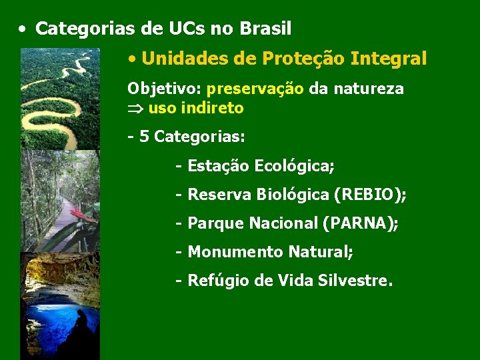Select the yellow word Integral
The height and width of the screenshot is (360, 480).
(x=389, y=59)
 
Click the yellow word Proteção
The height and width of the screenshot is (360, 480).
(x=305, y=59)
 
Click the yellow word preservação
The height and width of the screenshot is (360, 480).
(x=255, y=89)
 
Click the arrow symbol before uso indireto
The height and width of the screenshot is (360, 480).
(x=135, y=108)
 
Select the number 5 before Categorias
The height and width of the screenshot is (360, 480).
(x=143, y=137)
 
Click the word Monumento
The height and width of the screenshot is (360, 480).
(x=235, y=252)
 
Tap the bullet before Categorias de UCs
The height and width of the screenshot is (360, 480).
(x=23, y=29)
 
